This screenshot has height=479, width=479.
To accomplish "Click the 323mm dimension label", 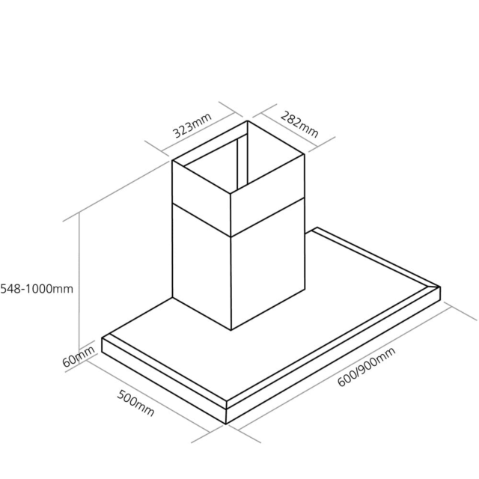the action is coord(192,125).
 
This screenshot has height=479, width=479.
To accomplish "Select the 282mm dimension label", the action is coord(299,124).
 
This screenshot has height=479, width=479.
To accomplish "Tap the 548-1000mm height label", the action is coord(37,289).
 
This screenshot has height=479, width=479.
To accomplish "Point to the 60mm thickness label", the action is coord(78,356).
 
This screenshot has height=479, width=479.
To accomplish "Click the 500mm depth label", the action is coord(135,403).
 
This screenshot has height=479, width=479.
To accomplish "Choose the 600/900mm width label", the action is coord(367,367).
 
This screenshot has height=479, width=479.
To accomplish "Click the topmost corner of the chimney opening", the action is coord(248,121).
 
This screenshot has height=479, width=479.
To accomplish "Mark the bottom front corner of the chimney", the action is coord(231,330).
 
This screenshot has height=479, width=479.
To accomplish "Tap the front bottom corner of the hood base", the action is coord(226,424).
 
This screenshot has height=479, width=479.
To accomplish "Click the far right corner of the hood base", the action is coord(440,287).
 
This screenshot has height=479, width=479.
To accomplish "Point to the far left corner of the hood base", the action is coord(102,338).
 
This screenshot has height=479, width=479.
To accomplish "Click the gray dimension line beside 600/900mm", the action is coord(344,369).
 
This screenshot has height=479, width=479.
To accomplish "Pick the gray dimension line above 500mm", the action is coord(148,396).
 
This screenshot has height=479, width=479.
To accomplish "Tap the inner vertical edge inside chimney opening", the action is coord(238,165).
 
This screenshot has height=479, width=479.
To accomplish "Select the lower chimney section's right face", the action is coord(268,264).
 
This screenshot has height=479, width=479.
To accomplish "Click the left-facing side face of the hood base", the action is coord(164,381).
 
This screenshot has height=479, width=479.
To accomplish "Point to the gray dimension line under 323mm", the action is coord(198,132).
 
